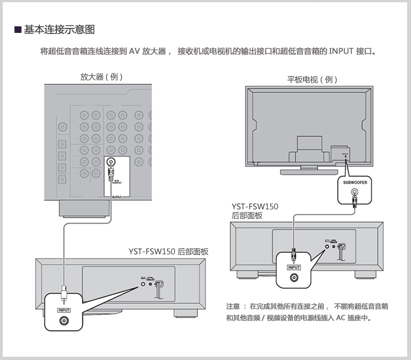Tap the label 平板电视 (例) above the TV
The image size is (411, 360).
tap(312, 79)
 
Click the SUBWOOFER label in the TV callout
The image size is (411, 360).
tap(355, 181)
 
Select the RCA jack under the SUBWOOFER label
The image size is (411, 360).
tap(355, 193)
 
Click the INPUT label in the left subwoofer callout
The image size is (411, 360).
tap(64, 310)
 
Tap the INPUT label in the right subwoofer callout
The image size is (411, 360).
tap(294, 267)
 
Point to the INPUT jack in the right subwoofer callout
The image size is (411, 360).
tap(294, 278)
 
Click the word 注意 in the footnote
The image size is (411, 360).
tap(233, 305)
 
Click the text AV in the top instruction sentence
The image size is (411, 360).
tap(135, 52)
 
